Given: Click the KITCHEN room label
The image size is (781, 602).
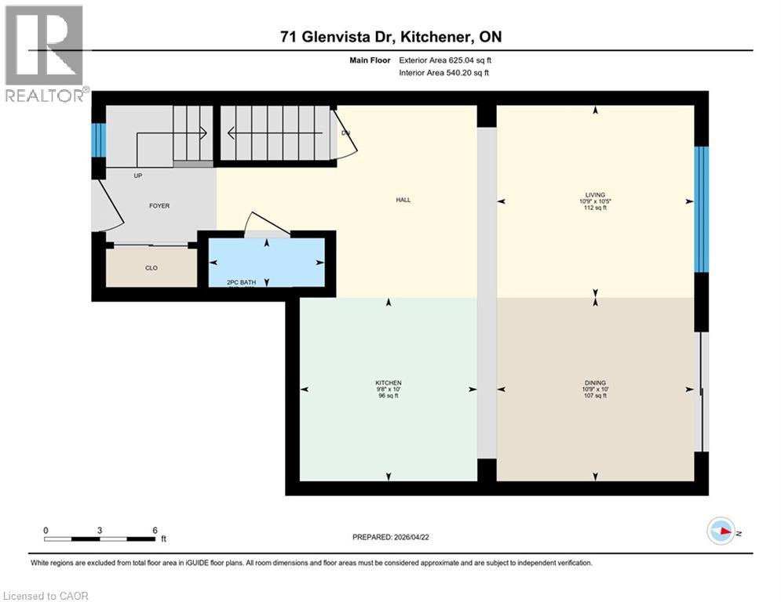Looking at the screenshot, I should click(x=389, y=382).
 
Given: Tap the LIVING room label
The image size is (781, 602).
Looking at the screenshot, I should click(x=595, y=194).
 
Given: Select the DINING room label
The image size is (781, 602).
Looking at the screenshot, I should click(x=595, y=382).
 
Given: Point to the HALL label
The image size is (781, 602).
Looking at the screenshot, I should click(x=403, y=200).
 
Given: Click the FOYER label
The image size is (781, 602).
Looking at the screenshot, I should click(x=159, y=206).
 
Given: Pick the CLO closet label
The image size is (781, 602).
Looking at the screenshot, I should click(x=151, y=268).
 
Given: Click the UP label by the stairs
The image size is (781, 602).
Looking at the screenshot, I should click(x=138, y=176).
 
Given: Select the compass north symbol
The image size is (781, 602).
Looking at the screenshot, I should click(x=721, y=531).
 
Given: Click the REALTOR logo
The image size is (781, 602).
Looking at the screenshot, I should click(x=45, y=53).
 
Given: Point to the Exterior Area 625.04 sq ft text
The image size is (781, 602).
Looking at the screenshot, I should click(x=445, y=60).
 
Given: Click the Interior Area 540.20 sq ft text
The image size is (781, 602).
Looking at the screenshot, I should click(x=443, y=73).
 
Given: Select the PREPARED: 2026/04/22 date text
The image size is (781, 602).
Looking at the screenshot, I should click(x=391, y=537).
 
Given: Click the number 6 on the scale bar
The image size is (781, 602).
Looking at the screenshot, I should click(x=155, y=531).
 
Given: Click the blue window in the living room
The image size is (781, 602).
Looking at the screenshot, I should click(x=702, y=209).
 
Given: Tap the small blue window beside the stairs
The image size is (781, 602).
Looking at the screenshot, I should click(x=98, y=140).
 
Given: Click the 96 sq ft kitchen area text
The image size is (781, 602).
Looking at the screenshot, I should click(x=389, y=396).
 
